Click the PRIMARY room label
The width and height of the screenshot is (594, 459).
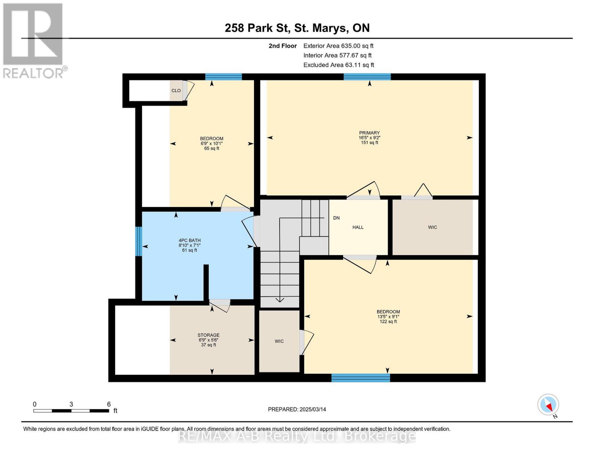(x=369, y=133)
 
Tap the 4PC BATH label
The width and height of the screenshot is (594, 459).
(x=189, y=241)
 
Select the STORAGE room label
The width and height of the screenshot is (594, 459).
(x=208, y=335)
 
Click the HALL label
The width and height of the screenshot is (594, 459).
(x=358, y=227)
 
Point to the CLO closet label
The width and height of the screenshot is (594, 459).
(x=176, y=91)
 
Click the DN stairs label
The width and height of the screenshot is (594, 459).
(x=336, y=218)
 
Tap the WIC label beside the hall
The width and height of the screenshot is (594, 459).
(x=433, y=227)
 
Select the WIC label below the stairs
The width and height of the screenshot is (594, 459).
(x=279, y=341)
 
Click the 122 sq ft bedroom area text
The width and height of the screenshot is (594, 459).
(x=388, y=322)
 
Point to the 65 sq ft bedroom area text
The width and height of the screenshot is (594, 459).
(x=212, y=148)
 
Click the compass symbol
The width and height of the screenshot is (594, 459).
(x=548, y=405)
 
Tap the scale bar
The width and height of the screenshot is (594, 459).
(x=71, y=411)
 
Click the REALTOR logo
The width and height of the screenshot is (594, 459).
(x=34, y=41)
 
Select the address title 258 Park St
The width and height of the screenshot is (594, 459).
(x=257, y=28)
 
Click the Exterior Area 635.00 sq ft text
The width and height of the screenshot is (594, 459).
(x=338, y=46)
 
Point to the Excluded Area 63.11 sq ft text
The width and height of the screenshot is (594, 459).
(x=338, y=65)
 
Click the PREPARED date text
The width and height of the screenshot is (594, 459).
(x=297, y=409)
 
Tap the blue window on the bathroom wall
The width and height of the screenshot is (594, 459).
(x=138, y=241)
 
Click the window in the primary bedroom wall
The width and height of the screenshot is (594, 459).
(x=367, y=77)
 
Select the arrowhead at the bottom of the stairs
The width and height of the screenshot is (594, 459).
(x=280, y=300)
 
